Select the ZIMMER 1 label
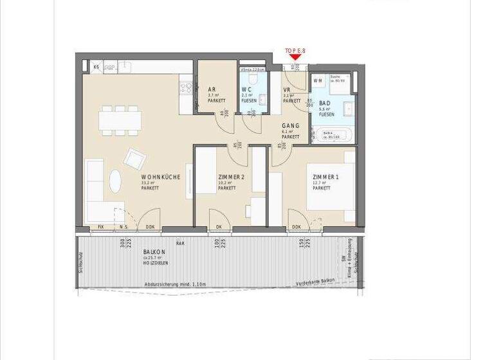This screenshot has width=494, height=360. point(325,177)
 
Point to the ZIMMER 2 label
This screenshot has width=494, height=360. point(232,177)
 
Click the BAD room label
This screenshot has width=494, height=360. point(326,103)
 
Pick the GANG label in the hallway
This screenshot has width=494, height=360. point(291,126)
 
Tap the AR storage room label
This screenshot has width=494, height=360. point(211,89)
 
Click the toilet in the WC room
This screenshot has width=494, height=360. point(254,77)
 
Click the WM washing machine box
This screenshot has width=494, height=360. point(318,81)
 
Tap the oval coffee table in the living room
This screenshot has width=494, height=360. point(114,180)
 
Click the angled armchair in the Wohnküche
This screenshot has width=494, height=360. point(134,157)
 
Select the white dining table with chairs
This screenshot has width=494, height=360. point(119,122)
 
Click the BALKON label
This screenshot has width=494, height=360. point(154,252)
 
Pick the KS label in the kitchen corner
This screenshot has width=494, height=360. point(96,67)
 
